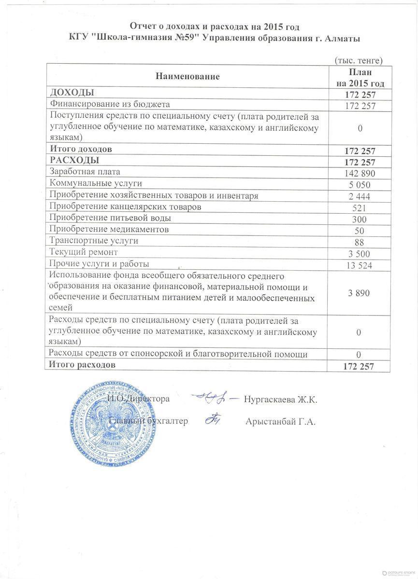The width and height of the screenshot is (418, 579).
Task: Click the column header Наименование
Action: (x=187, y=76)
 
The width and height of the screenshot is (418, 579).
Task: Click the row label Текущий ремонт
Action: (x=84, y=252)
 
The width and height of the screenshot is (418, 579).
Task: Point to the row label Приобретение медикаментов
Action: (x=109, y=230)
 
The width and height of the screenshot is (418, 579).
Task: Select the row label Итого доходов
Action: (x=81, y=150)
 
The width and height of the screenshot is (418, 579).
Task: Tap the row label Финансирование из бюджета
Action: (x=110, y=104)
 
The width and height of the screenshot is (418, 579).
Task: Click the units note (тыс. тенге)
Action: (x=359, y=60)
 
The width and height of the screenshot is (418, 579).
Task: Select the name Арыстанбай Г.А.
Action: (x=280, y=422)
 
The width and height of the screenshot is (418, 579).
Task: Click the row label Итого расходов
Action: (x=83, y=365)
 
